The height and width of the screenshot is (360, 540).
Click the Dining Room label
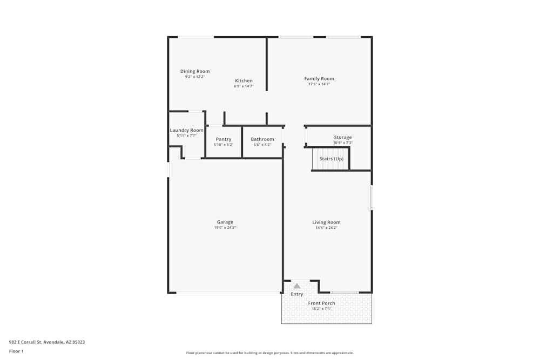click(x=195, y=71)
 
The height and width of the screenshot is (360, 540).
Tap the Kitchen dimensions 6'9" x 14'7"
click(x=244, y=86)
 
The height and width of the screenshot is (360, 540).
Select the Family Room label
click(x=319, y=79)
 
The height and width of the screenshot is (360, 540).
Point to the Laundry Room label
click(x=186, y=130)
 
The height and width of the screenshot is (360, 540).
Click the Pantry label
click(x=224, y=139)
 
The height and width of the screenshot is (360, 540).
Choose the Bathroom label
click(x=262, y=139)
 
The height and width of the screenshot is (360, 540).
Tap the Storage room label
click(x=343, y=138)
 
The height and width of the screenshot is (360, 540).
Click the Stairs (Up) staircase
click(x=331, y=159)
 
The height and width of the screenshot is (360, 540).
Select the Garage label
click(x=225, y=222)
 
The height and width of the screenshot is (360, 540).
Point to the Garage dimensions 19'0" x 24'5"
click(x=225, y=228)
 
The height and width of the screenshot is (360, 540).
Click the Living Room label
click(x=326, y=222)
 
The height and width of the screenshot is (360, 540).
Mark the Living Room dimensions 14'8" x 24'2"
click(x=326, y=228)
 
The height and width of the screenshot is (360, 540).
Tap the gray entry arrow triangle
click(x=296, y=286)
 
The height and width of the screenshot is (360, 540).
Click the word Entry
click(x=297, y=294)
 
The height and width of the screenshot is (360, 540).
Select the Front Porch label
click(x=321, y=303)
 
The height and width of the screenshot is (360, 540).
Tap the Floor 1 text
click(x=16, y=351)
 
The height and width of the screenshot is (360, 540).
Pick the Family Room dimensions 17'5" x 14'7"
click(x=319, y=84)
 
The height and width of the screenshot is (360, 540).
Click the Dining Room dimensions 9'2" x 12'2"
click(x=195, y=77)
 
